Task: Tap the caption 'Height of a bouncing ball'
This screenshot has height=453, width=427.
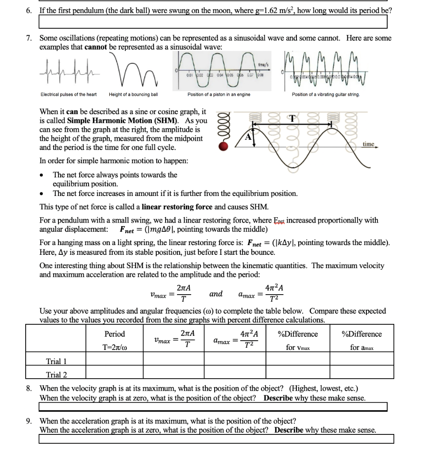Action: pos(133,94)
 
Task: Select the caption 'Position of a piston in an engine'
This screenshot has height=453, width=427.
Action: pos(219,94)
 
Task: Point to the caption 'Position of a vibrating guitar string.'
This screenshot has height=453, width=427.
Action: pos(326,94)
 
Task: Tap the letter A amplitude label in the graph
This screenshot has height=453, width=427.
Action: pos(249,137)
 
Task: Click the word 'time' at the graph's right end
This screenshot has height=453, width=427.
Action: pos(369,144)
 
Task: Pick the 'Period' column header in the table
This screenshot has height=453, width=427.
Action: pos(115,334)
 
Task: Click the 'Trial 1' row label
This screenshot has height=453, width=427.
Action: pos(56,361)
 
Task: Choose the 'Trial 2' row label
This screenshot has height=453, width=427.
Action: pos(56,375)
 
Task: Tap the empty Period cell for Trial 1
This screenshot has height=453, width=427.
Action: pos(115,361)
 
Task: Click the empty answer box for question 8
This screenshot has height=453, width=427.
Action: pos(213,407)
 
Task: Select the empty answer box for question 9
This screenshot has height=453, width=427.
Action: pos(216,439)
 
